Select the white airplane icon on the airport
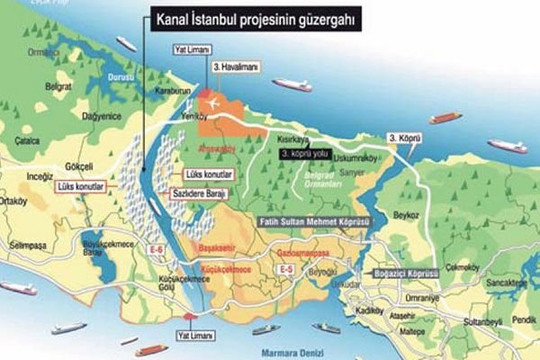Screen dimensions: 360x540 click(x=215, y=103)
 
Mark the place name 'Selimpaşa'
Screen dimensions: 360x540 click(x=27, y=245)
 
